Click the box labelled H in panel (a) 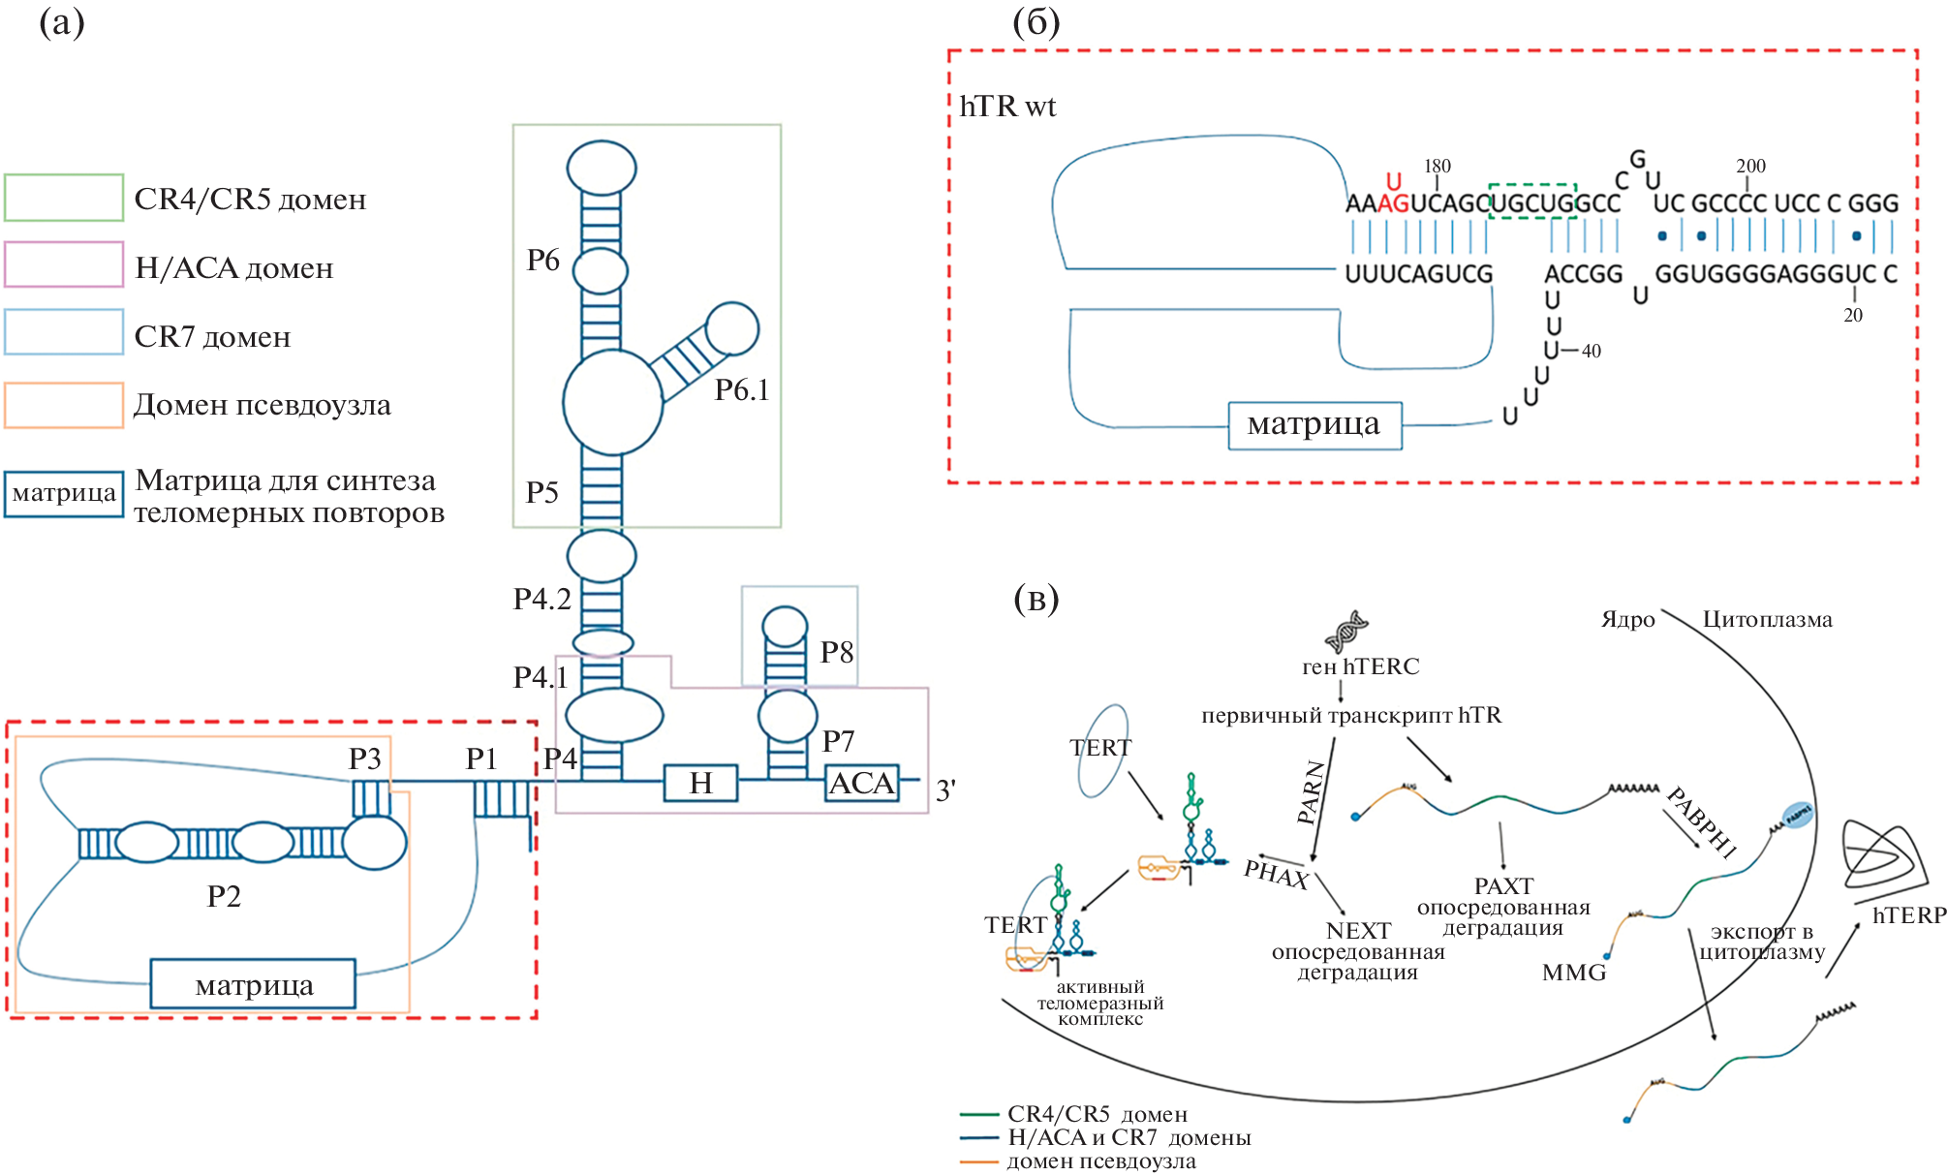700,783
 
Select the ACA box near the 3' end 862,783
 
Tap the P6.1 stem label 742,390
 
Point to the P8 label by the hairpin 837,653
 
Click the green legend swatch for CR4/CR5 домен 64,198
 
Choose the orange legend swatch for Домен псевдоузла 64,405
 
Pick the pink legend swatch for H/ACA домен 64,264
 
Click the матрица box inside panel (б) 1314,425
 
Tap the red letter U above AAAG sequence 1394,181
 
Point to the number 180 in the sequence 1438,167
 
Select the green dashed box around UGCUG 1531,201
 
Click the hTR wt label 1007,107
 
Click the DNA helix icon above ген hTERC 1346,632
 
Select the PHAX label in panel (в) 1276,874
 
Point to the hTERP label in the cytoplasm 1909,915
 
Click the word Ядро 1627,620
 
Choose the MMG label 1574,973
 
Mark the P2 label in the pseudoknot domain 224,896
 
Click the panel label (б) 1036,22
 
